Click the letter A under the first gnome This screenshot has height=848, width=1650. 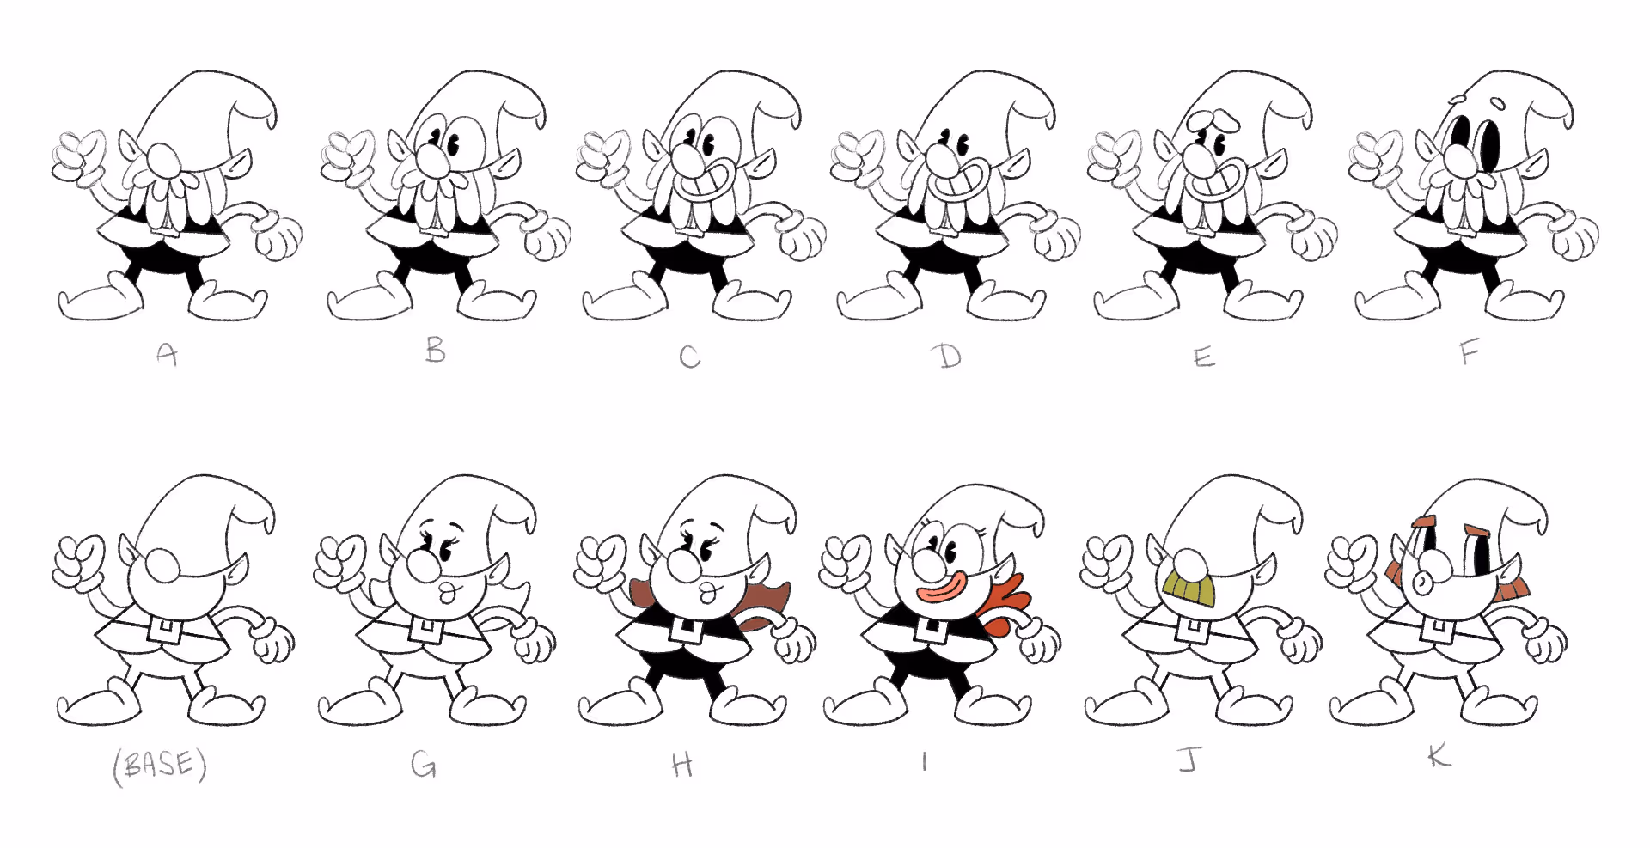[168, 354]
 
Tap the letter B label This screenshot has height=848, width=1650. [436, 349]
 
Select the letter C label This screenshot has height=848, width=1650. [690, 357]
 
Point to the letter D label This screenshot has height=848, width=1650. [948, 356]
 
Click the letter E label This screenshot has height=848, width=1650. [1205, 357]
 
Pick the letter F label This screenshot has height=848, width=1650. [1470, 351]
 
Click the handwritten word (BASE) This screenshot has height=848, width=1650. [160, 766]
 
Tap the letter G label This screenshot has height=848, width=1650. [423, 764]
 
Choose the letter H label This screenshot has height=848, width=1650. [682, 764]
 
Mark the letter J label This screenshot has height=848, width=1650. [1190, 759]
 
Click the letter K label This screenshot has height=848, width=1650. [1439, 756]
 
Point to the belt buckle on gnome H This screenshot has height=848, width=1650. [685, 629]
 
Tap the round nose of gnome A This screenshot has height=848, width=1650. [163, 161]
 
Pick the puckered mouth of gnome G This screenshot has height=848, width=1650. [447, 593]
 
